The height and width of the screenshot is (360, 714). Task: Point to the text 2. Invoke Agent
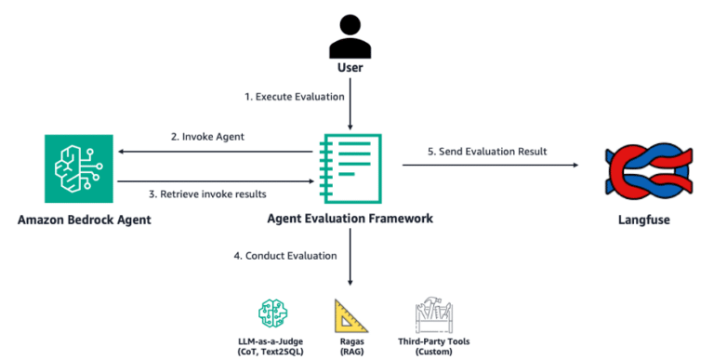coord(205,137)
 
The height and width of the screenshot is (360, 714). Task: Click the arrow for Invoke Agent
coord(214,152)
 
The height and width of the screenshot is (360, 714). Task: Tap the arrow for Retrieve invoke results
coord(214,180)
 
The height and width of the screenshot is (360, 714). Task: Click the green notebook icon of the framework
coord(350,167)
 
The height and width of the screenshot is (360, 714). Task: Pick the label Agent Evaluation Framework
coord(350,220)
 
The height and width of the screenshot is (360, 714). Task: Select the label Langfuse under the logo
coord(642,220)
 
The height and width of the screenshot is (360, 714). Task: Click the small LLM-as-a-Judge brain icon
coord(269,313)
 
